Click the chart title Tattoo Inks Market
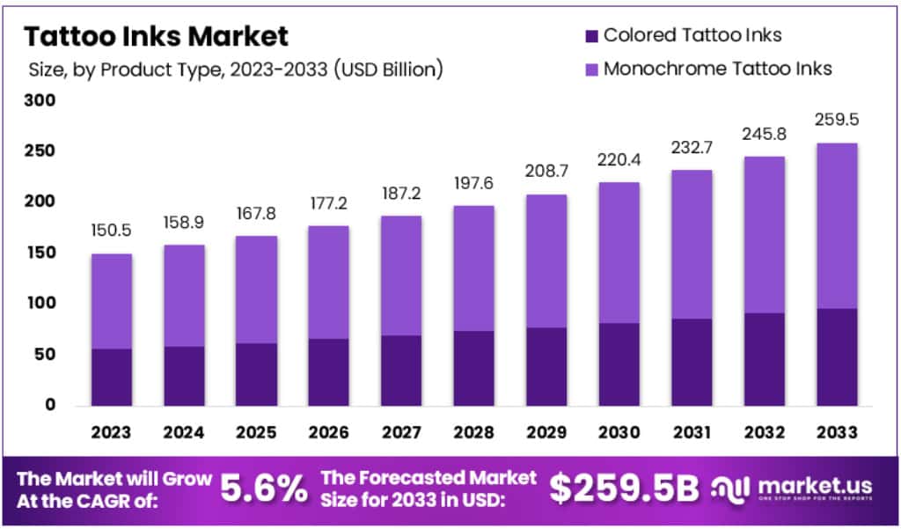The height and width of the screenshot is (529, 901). (156, 36)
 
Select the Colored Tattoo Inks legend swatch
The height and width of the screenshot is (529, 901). (590, 35)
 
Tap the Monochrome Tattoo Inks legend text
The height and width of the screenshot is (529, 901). (717, 68)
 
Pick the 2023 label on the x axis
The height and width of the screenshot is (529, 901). (110, 432)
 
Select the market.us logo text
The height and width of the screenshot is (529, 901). (802, 485)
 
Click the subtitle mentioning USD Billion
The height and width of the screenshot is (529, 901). (235, 68)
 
